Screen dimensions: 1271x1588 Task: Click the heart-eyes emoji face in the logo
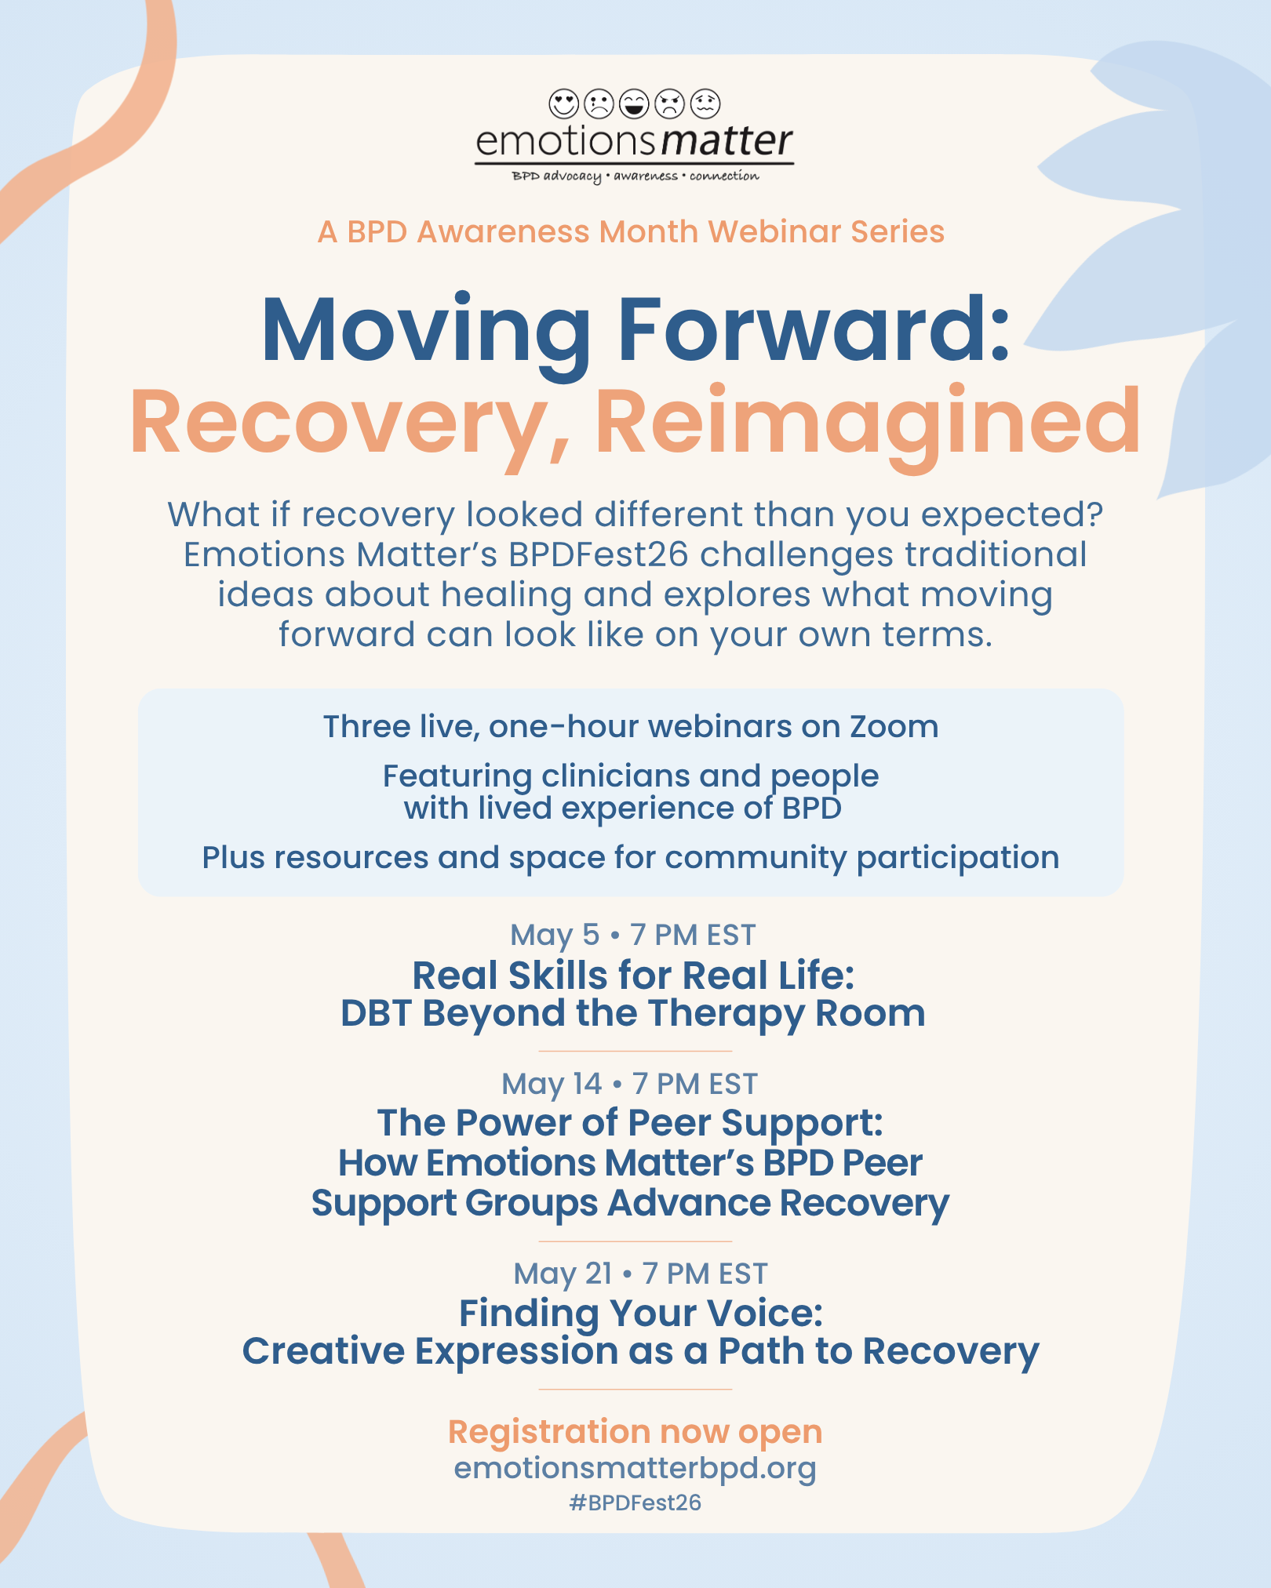coord(563,104)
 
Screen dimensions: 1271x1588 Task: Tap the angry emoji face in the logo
coord(670,104)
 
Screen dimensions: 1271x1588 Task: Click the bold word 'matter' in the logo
coord(727,141)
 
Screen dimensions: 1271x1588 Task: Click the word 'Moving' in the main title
coord(426,332)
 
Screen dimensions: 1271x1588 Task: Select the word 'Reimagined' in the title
coord(868,423)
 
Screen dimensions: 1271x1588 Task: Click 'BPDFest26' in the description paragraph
coord(598,554)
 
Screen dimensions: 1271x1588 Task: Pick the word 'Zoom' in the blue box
coord(894,727)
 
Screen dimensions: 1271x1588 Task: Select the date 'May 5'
coord(555,936)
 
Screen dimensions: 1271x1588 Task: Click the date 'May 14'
coord(552,1085)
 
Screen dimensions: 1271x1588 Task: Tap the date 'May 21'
coord(563,1274)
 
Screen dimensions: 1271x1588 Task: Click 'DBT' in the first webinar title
coord(376,1013)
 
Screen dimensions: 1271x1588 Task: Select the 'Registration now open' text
coord(635,1432)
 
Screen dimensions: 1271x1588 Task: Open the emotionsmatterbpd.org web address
coord(635,1468)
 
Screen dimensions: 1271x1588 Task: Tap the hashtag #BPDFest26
coord(635,1503)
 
